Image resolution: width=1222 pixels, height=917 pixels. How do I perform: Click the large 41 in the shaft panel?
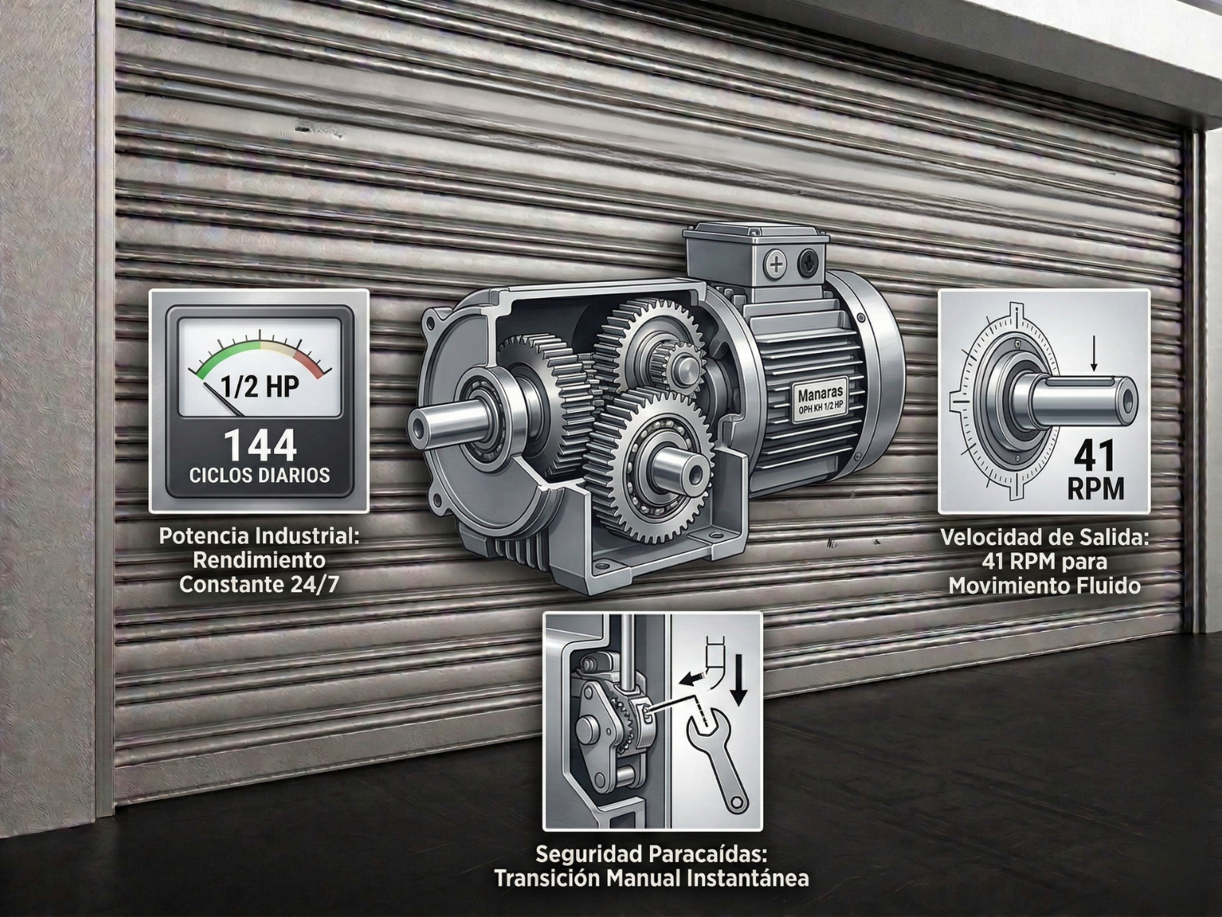[1095, 458]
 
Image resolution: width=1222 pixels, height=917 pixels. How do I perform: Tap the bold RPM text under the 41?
[1096, 490]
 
